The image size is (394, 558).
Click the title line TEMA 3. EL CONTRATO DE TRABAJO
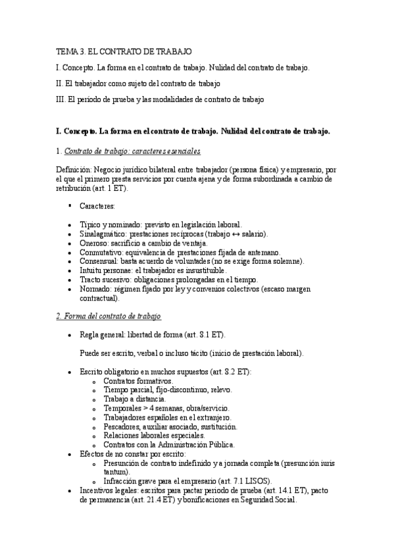(x=123, y=51)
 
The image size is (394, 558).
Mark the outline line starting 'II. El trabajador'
(x=139, y=84)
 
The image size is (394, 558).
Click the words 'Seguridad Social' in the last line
(x=264, y=499)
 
